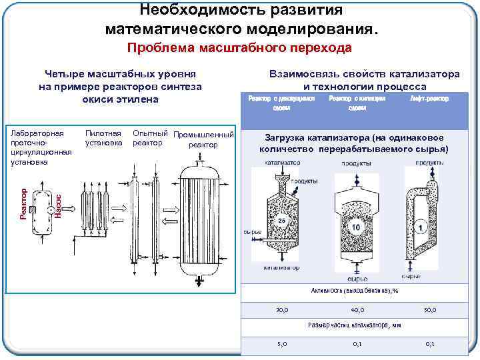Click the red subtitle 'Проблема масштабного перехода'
click(x=239, y=48)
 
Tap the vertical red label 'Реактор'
click(x=24, y=203)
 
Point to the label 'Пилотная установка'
click(x=103, y=138)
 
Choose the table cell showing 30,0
click(x=282, y=310)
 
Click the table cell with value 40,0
click(x=357, y=310)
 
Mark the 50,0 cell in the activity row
click(x=430, y=310)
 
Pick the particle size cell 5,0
click(x=282, y=344)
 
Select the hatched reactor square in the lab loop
click(x=34, y=209)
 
